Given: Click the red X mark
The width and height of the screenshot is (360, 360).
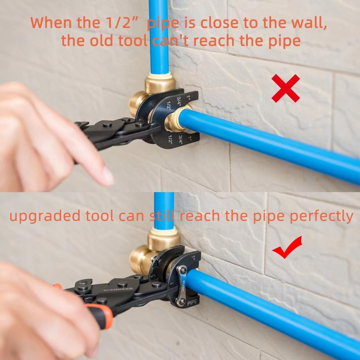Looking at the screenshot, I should (x=285, y=88).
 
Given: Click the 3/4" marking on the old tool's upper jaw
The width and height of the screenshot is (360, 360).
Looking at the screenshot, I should (x=178, y=100).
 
